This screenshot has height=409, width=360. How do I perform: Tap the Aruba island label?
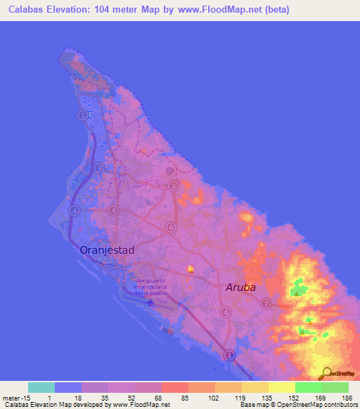click(x=240, y=287)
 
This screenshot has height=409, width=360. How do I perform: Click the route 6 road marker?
click(x=171, y=227)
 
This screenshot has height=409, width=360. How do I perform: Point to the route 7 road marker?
click(x=266, y=304)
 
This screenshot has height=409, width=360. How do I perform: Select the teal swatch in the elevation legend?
click(x=41, y=387)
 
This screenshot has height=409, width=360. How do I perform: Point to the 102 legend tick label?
click(x=214, y=397)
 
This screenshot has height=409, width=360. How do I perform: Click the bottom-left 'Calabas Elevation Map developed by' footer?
click(x=56, y=405)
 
